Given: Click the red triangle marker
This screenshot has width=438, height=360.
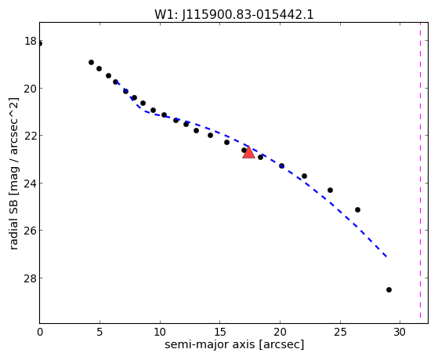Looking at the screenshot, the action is click(x=248, y=152).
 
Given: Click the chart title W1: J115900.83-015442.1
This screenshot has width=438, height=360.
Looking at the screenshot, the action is click(x=234, y=14).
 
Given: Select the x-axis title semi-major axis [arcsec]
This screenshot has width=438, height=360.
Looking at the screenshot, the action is click(x=234, y=344).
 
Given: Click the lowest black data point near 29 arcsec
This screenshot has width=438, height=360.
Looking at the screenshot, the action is click(x=389, y=289).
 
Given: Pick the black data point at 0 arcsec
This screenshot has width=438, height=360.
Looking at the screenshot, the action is click(x=40, y=44).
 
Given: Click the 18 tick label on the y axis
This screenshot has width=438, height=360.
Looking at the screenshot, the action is click(x=31, y=41).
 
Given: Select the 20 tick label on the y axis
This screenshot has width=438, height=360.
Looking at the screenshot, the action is click(x=31, y=89).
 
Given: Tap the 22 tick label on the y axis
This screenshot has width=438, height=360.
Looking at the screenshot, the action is click(x=31, y=136).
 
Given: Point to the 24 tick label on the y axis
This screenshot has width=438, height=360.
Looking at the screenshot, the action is click(x=31, y=184).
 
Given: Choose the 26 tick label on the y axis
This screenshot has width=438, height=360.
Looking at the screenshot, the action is click(x=31, y=231).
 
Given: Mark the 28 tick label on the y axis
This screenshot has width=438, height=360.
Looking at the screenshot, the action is click(x=31, y=278).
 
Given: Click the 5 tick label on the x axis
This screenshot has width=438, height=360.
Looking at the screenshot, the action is click(x=100, y=332).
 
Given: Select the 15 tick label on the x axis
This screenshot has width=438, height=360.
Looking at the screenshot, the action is click(x=220, y=332).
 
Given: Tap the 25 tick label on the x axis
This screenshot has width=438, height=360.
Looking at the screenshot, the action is click(x=340, y=332).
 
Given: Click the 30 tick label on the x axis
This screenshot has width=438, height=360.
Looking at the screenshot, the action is click(x=400, y=332).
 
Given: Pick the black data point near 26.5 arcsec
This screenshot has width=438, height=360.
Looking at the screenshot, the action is click(x=357, y=209).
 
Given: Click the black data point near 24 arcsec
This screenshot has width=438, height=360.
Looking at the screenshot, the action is click(x=330, y=191).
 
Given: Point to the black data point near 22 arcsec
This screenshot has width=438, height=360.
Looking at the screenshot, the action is click(x=305, y=176).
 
